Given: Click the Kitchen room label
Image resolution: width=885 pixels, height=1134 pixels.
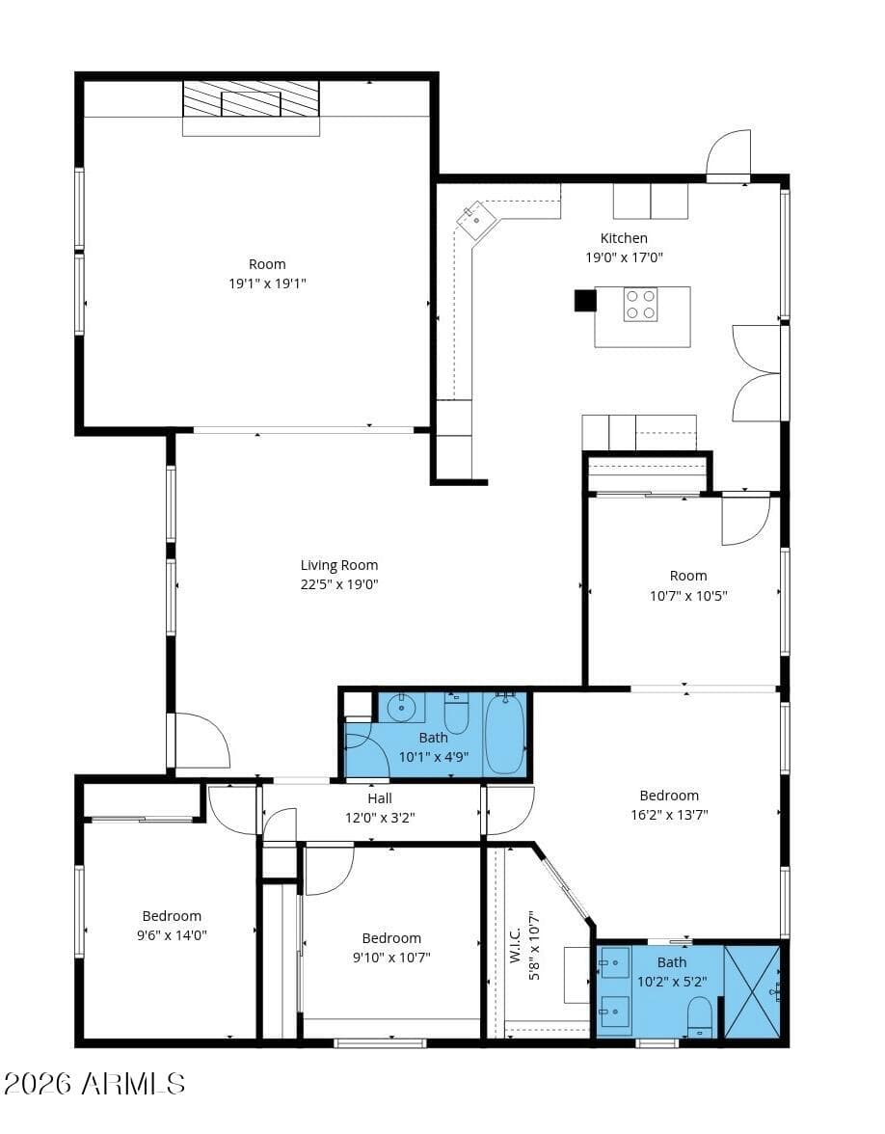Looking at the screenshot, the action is (x=624, y=238).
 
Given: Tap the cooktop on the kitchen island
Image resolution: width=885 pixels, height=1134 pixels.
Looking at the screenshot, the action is (x=640, y=305).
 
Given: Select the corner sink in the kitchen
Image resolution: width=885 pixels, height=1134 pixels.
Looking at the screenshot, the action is (x=476, y=220).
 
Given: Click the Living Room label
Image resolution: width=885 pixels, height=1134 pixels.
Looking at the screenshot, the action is (x=339, y=565).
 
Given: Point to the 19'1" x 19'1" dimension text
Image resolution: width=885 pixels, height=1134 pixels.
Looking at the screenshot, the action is (x=268, y=283).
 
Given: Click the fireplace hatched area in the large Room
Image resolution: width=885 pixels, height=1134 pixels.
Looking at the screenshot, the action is (x=251, y=99).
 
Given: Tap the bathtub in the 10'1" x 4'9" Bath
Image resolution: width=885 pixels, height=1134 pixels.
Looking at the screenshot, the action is (x=505, y=733).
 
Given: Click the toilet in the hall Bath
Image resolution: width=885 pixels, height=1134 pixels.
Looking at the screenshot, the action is (x=456, y=714).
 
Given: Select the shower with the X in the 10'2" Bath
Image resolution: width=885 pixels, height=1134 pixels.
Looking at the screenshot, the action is (x=752, y=991).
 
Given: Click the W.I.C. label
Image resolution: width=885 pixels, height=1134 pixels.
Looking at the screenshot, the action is (x=516, y=945).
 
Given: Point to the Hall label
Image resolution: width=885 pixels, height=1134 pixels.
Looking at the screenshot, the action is (x=380, y=798).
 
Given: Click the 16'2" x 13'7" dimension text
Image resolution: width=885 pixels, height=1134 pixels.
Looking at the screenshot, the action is (x=669, y=814).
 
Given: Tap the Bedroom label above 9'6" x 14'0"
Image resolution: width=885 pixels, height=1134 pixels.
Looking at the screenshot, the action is (x=172, y=916).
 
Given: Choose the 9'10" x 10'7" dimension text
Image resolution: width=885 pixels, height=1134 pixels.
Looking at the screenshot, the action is (x=391, y=958).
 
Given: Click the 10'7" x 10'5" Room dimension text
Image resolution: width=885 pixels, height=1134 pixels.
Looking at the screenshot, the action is (x=688, y=596).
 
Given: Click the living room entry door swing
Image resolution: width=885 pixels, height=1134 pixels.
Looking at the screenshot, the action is (x=202, y=741).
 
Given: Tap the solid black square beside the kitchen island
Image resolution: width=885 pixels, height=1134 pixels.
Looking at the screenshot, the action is (x=585, y=300).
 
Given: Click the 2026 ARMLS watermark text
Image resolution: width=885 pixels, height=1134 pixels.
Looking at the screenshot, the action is (x=94, y=1084).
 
